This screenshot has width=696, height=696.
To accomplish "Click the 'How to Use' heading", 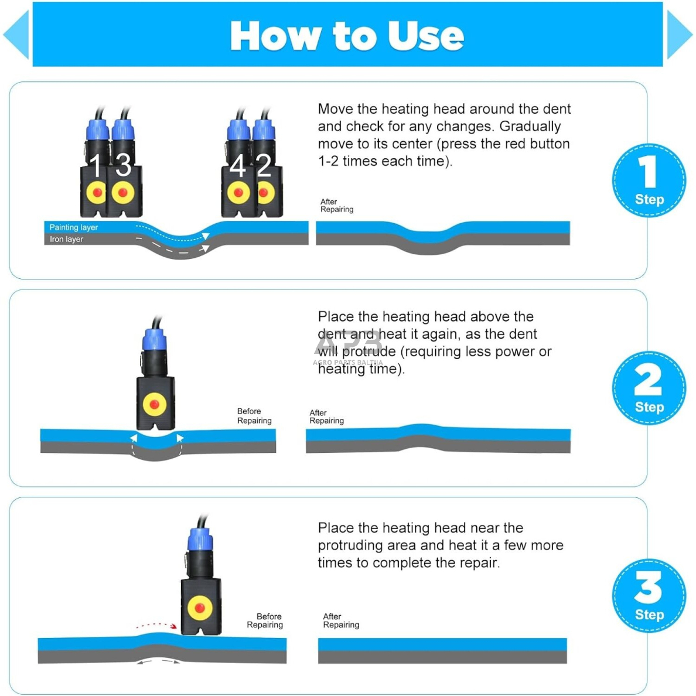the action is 347,36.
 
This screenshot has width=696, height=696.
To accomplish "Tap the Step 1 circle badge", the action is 649,180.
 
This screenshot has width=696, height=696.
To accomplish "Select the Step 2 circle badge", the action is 649,388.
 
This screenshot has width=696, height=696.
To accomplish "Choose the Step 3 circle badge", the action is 649,596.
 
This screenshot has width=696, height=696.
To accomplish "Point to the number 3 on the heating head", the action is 124,165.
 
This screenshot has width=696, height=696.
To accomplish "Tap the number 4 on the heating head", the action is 237,166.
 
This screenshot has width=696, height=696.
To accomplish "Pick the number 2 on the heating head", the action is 264,165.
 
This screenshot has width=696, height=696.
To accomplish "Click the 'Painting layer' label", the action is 74,227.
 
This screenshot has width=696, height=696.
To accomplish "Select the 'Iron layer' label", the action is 67,239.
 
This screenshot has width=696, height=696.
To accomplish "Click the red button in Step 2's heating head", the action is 155,404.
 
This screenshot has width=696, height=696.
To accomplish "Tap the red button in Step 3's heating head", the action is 200,608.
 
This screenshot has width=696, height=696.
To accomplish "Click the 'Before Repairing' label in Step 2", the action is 254,416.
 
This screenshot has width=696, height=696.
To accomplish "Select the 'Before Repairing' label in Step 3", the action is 265,620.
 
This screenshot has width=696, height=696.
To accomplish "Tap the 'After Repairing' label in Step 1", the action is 337,206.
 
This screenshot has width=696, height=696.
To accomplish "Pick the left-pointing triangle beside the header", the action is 16,35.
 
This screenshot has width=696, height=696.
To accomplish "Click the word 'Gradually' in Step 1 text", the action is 530,127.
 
